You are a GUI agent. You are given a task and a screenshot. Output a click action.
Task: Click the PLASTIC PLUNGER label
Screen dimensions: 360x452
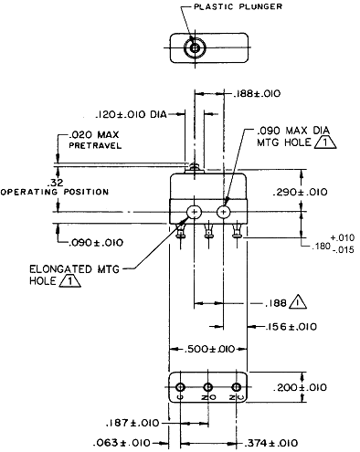click(x=238, y=6)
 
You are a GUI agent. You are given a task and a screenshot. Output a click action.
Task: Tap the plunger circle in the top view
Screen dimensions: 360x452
click(x=195, y=47)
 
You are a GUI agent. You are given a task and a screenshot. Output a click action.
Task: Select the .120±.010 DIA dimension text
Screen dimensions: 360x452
click(x=131, y=114)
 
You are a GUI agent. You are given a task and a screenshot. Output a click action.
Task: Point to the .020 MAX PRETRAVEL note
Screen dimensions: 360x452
click(x=94, y=140)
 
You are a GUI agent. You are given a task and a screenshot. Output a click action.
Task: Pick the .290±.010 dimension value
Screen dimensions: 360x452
click(x=300, y=192)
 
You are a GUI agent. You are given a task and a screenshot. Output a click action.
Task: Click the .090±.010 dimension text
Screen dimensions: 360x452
click(x=96, y=243)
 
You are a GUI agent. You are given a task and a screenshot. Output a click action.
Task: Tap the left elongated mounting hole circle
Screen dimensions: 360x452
click(x=195, y=212)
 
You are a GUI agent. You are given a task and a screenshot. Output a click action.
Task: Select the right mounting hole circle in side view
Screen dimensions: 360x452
click(x=224, y=212)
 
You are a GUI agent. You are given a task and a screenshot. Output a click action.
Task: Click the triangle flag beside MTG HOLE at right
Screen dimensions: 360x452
click(x=325, y=142)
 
